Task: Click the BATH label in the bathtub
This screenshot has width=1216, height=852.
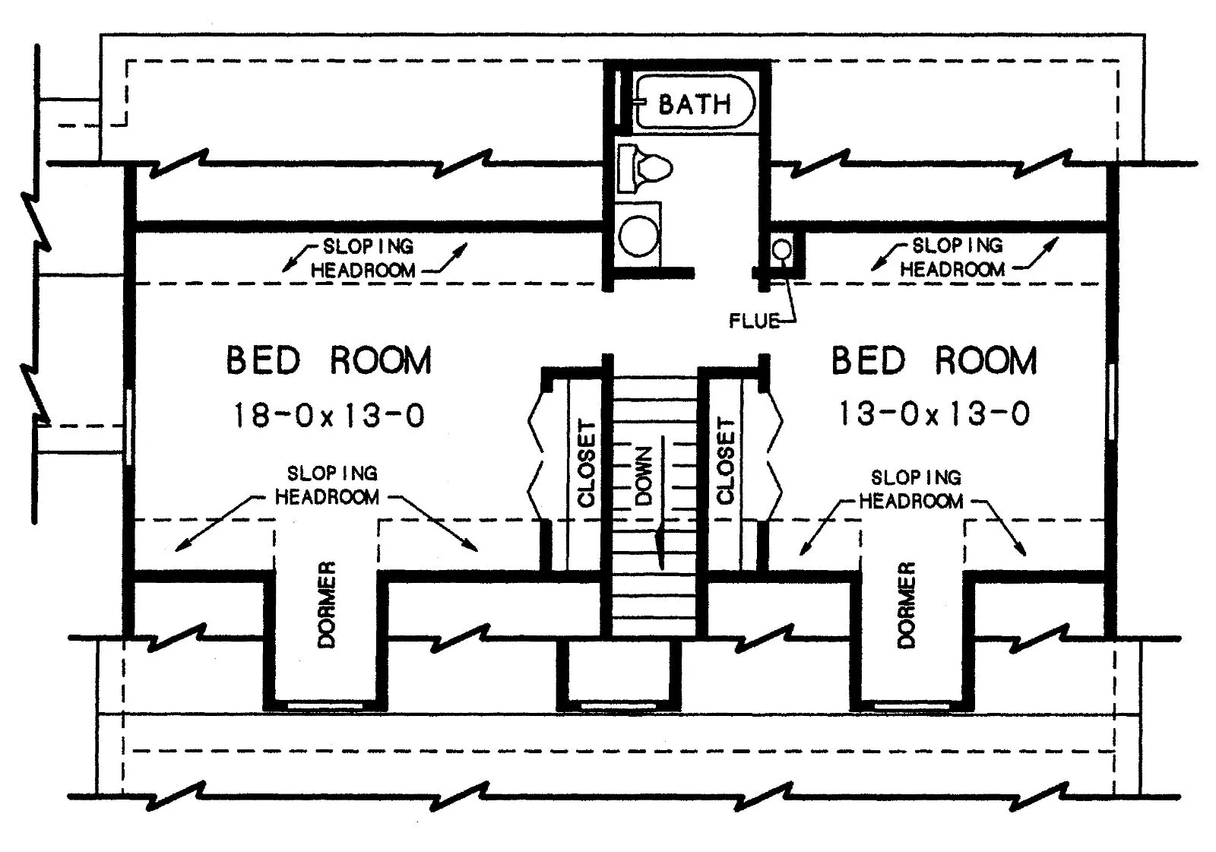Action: (x=694, y=104)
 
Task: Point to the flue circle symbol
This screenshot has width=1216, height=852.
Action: (x=781, y=249)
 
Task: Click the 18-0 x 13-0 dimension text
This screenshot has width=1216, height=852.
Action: (x=328, y=416)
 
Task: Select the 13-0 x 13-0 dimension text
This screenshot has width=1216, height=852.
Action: (x=934, y=414)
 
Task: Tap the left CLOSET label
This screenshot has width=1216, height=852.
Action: (x=586, y=463)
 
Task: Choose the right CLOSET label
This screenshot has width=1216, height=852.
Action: (x=726, y=461)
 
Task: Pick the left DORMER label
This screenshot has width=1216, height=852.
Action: (x=326, y=604)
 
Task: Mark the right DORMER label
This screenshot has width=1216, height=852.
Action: (x=907, y=604)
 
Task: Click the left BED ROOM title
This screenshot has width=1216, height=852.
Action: (x=328, y=360)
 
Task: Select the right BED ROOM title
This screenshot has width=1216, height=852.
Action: (x=934, y=360)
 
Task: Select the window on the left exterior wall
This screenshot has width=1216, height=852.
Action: (x=128, y=427)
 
